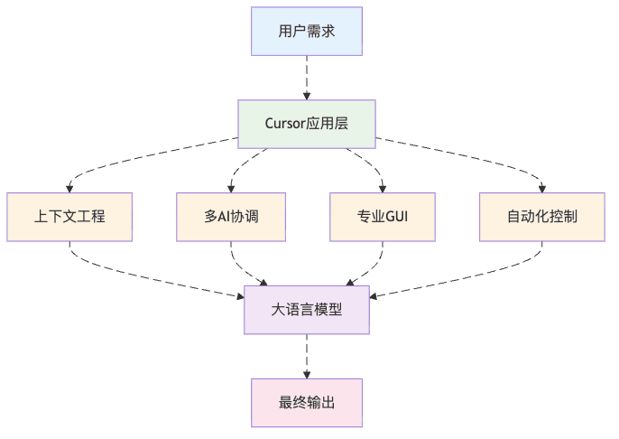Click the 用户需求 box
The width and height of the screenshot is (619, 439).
307,32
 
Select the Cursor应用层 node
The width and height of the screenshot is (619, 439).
307,124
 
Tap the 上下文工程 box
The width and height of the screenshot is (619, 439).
69,217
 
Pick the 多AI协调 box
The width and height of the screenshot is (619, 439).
232,217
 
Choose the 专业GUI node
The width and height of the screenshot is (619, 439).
383,217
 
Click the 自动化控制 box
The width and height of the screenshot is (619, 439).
541,217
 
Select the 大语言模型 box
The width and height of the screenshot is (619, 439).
307,309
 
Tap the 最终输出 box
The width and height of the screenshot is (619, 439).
307,402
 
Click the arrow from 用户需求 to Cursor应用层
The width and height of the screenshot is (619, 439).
307,78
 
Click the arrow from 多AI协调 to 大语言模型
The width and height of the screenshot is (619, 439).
242,266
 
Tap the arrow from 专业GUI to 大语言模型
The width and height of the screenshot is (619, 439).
372,266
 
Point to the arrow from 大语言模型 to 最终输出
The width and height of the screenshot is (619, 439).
307,356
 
